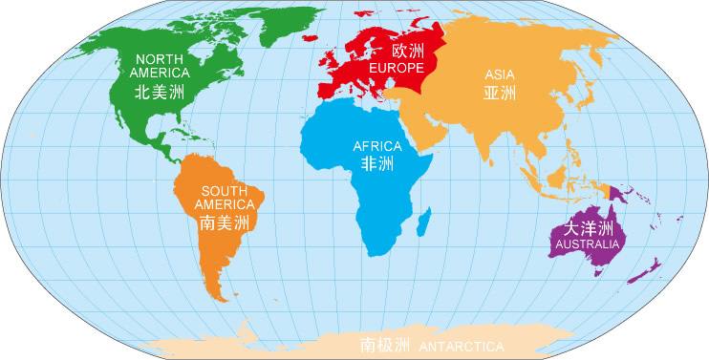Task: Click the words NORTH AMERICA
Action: click(x=160, y=63)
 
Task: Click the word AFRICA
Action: click(x=377, y=146)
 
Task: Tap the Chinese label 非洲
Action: click(x=377, y=164)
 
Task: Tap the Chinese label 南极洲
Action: click(x=383, y=343)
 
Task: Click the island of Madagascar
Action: click(x=438, y=225)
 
